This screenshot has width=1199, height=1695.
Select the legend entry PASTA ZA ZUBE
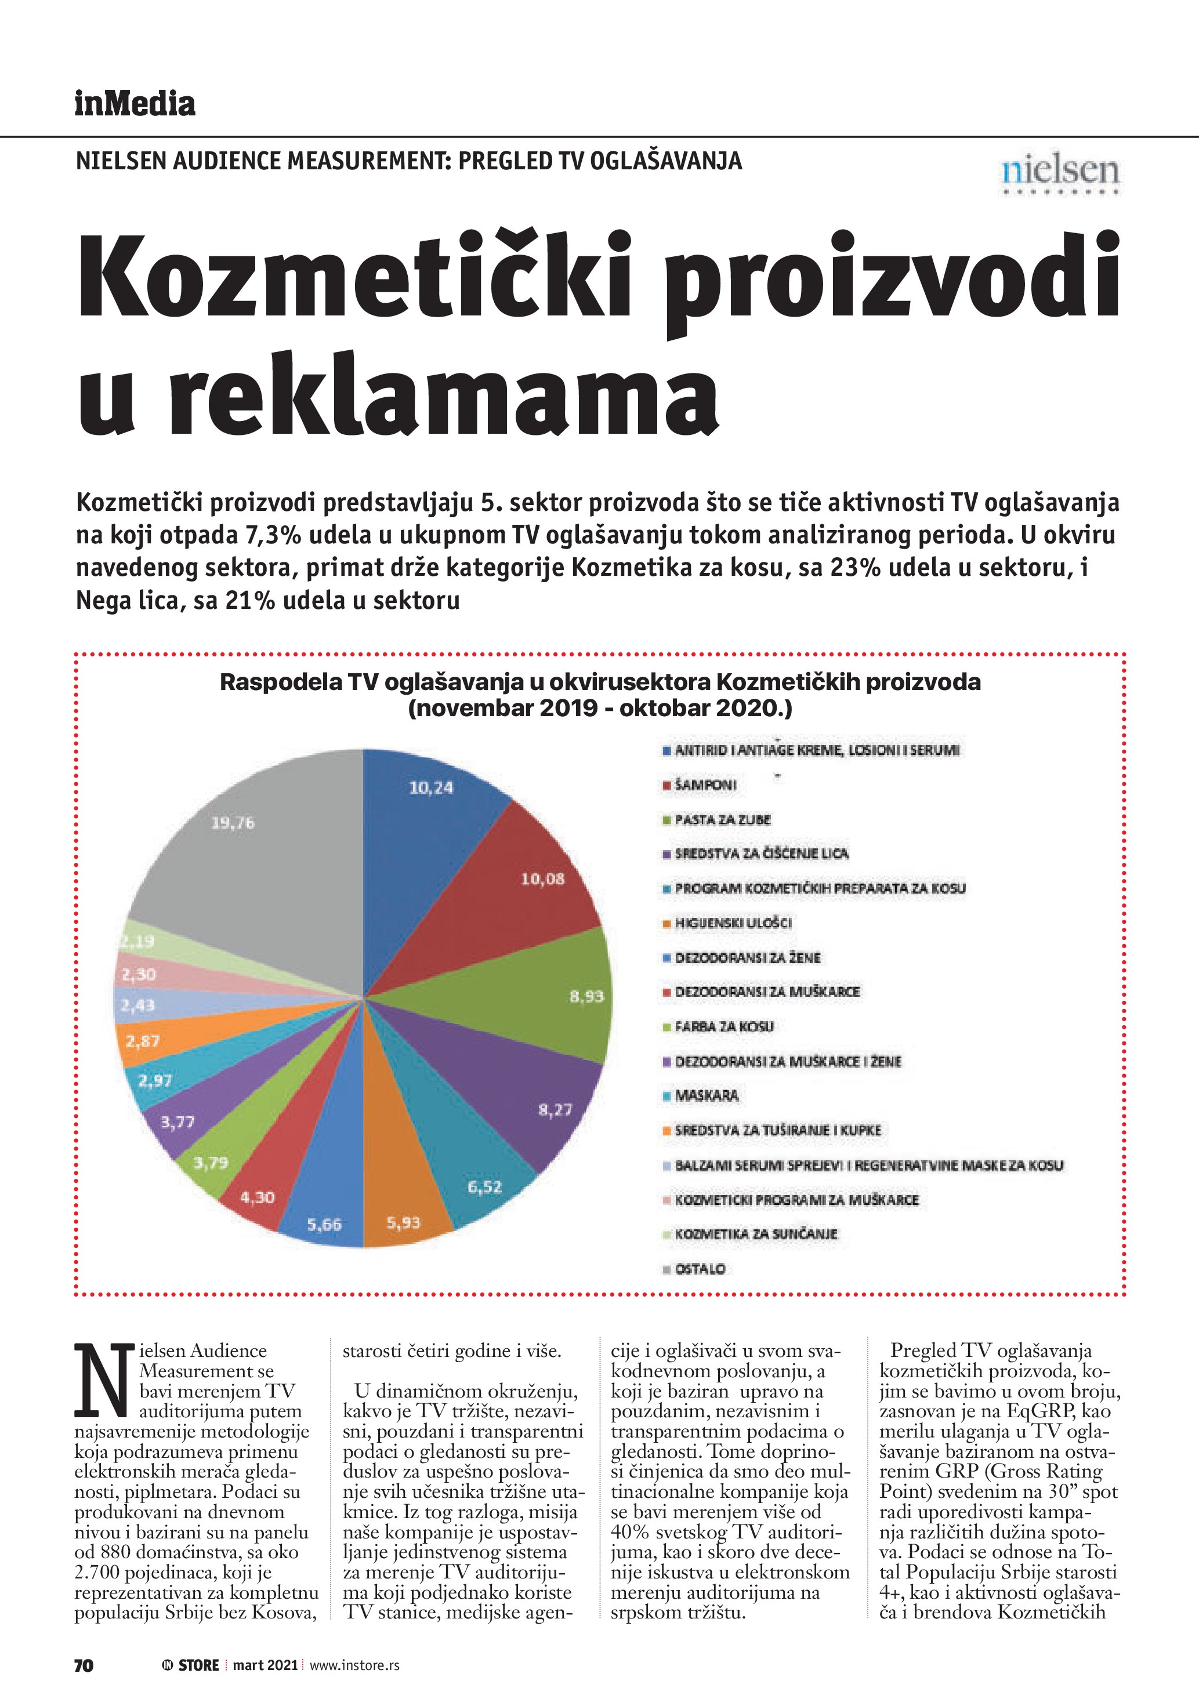click(722, 819)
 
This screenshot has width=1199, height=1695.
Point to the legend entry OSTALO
click(699, 1269)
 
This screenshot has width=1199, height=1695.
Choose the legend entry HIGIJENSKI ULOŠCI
click(733, 923)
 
